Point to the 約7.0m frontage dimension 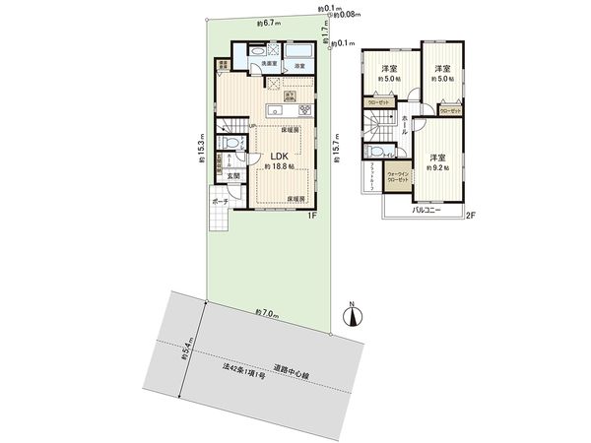point(266,312)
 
